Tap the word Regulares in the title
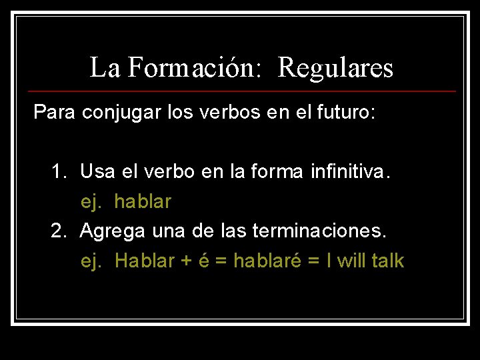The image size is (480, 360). tap(335, 67)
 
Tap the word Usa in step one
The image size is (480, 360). tap(97, 172)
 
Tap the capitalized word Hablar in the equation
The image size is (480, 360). tap(145, 260)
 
